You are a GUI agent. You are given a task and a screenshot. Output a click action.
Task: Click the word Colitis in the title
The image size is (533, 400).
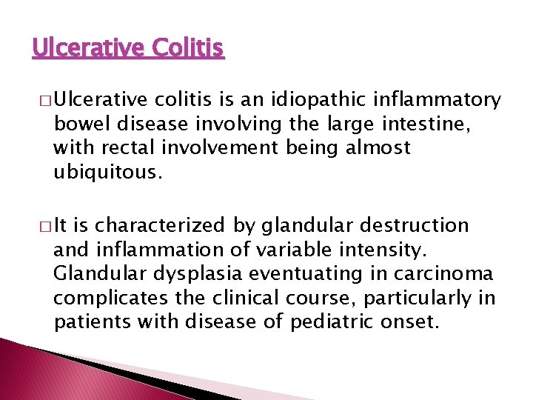coord(187,49)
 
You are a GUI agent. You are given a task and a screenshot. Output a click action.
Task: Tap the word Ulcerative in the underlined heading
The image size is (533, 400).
coord(87,49)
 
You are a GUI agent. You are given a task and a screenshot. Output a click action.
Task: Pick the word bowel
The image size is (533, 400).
coord(78,124)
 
